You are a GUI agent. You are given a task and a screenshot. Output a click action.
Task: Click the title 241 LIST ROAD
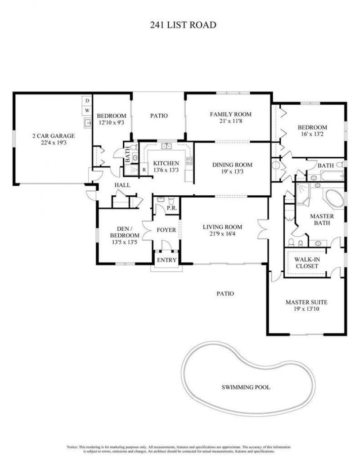183,25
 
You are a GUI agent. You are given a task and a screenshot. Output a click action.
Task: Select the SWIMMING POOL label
246,386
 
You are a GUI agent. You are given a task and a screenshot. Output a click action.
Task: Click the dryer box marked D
87,100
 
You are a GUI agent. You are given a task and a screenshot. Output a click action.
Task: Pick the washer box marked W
87,110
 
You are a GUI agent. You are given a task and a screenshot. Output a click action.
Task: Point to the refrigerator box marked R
144,170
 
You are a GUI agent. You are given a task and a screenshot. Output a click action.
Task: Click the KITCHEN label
166,163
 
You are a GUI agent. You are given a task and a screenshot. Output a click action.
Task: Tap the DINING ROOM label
232,165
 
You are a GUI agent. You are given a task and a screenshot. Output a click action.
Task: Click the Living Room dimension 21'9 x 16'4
222,234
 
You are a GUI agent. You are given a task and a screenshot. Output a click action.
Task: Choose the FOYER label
166,230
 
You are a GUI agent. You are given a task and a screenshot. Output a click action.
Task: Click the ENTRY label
166,260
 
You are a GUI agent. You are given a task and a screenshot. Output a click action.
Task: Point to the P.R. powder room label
171,208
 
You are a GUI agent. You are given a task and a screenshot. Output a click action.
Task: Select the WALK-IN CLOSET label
306,263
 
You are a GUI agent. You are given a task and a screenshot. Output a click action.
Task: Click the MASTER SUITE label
306,302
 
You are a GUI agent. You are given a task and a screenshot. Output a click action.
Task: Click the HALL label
122,185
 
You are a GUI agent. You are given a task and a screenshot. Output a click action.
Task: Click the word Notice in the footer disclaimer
73,447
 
